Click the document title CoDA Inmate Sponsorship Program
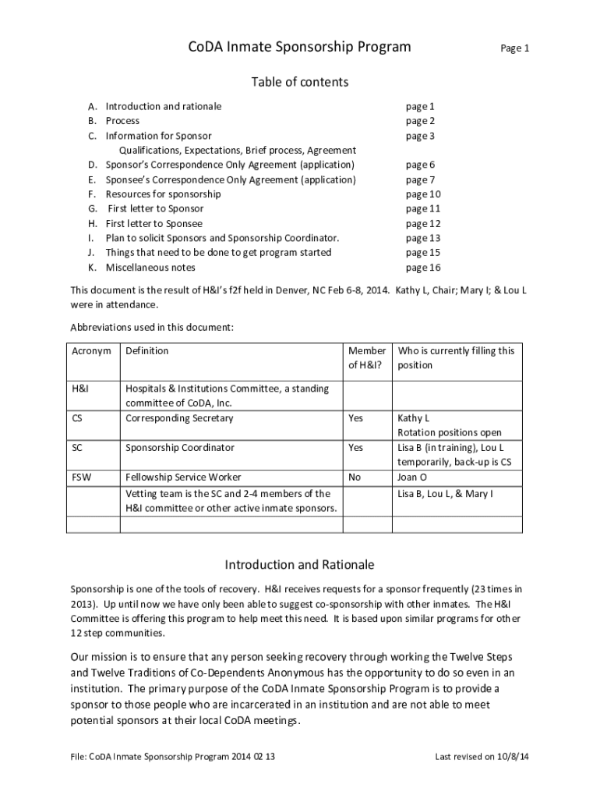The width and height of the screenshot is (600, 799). tap(299, 47)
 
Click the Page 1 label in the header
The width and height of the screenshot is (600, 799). tap(514, 48)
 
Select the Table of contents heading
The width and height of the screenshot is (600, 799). tap(299, 82)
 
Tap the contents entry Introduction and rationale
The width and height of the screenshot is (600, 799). tap(164, 106)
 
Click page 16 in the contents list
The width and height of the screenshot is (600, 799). tap(423, 268)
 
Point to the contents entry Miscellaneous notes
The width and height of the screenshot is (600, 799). tap(150, 268)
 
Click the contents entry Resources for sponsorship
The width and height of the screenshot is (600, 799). tap(163, 194)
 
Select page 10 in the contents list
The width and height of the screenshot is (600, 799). tap(423, 194)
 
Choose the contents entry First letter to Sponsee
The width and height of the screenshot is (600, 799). tap(154, 224)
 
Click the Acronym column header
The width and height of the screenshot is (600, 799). tap(91, 351)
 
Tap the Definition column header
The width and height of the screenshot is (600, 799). tap(146, 351)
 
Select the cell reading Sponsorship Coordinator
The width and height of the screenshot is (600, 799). tap(179, 448)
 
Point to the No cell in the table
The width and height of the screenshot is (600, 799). tap(355, 478)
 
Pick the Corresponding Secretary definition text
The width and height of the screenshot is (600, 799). tap(178, 418)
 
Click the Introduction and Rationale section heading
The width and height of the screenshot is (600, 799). tap(299, 564)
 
